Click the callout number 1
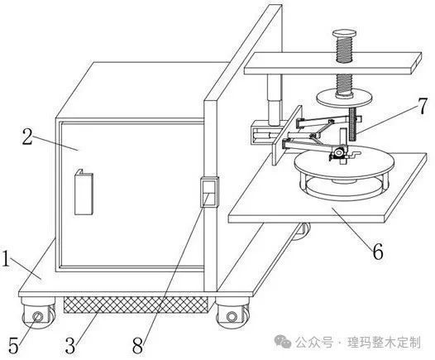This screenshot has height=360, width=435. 6,259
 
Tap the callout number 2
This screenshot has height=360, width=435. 27,137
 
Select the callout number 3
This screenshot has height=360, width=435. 70,346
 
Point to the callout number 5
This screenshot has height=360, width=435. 13,346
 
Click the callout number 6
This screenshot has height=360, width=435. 378,252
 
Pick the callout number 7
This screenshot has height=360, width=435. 422,106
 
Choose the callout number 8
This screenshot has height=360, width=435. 138,346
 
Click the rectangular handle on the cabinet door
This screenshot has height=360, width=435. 84,192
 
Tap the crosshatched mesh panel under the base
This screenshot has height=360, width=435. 136,305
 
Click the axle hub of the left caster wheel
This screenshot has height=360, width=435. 38,316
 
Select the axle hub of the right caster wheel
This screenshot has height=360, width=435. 232,316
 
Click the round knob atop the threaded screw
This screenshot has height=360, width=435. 344,34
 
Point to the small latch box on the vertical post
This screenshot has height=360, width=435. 209,192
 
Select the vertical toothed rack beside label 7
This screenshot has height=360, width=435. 353,124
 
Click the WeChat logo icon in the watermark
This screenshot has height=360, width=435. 282,342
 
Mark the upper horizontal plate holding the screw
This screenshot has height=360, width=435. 333,64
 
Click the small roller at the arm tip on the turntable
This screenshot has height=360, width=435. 339,152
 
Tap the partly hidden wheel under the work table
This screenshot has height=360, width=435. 302,231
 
